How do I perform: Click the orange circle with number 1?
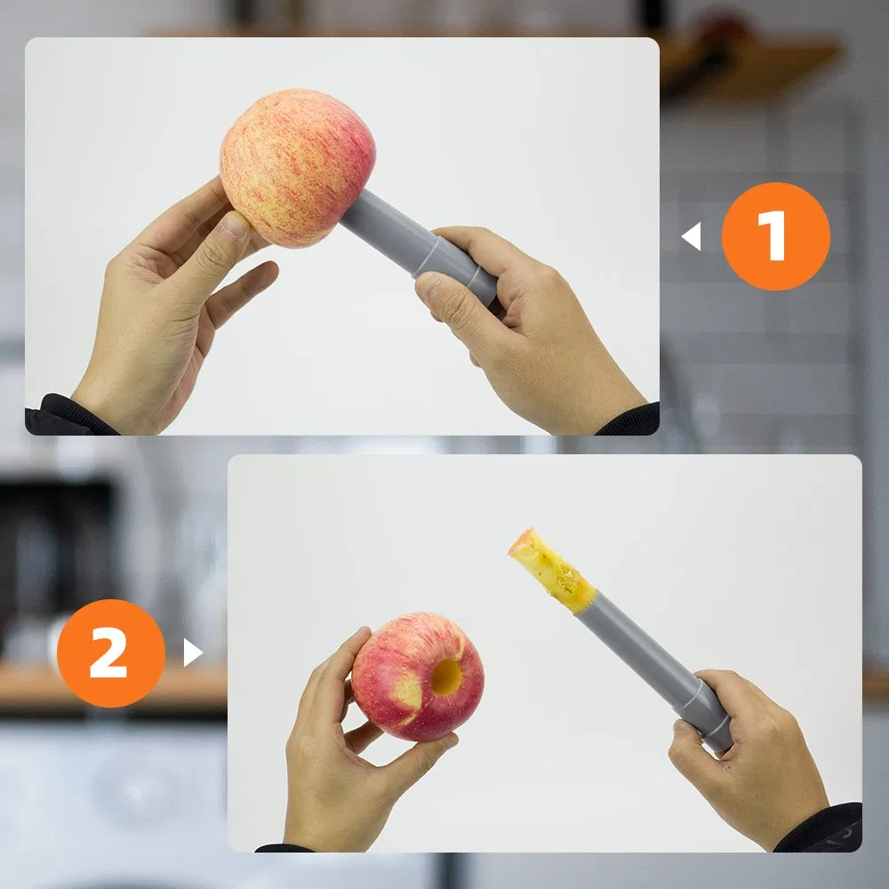[x=775, y=236]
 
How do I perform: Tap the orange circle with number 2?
[x=111, y=653]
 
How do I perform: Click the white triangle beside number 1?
[x=693, y=236]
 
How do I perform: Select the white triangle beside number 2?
[x=193, y=653]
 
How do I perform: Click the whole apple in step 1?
[x=297, y=168]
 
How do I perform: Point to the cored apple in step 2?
[x=418, y=677]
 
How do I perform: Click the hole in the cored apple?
[x=446, y=677]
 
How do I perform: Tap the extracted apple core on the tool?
[x=551, y=570]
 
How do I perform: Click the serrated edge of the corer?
[x=584, y=605]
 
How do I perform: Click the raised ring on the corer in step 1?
[x=427, y=256]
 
